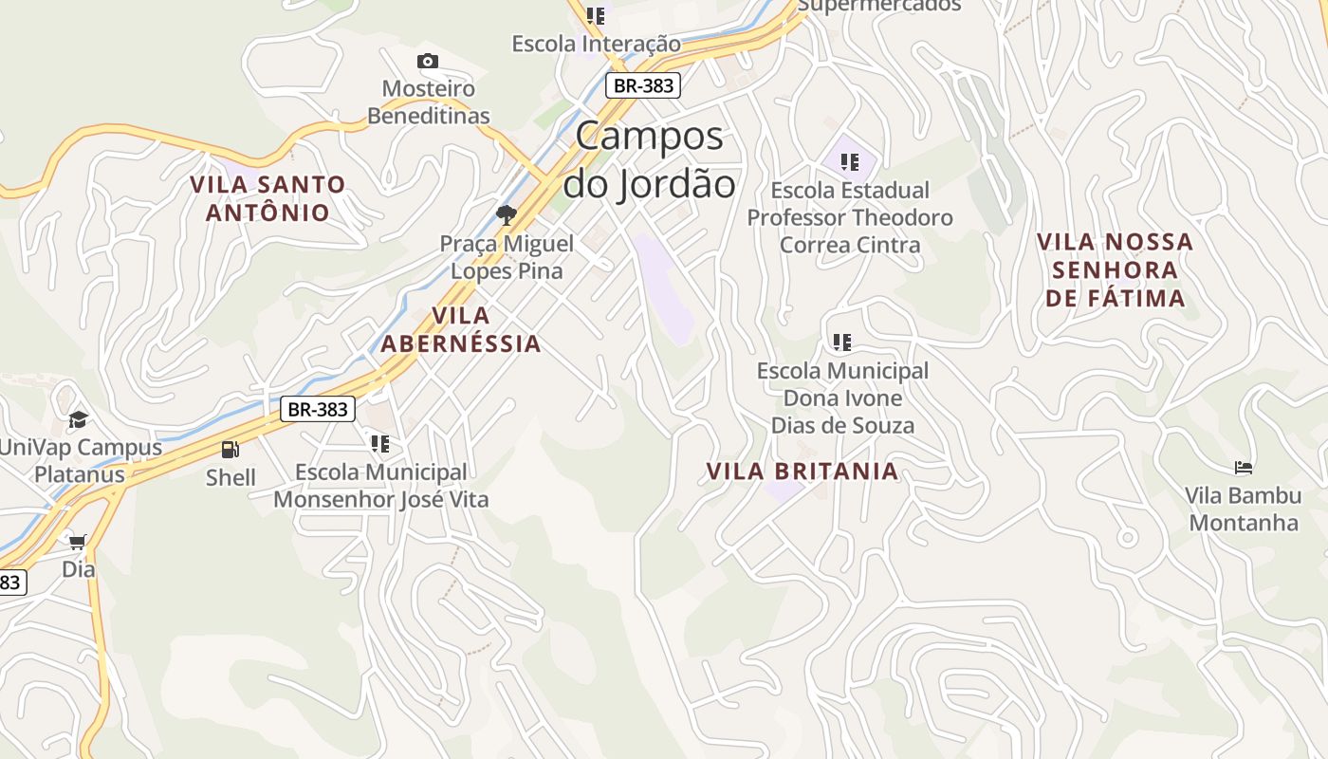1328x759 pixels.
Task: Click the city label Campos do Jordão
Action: (649, 159)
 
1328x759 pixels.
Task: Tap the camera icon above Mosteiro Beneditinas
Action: (428, 62)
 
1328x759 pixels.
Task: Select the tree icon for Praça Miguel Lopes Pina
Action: (507, 214)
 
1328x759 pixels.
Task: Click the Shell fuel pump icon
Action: (231, 450)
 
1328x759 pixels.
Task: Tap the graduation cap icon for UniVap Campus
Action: (78, 418)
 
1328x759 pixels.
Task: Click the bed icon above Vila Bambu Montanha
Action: (1244, 468)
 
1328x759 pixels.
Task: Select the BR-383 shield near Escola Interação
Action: (643, 85)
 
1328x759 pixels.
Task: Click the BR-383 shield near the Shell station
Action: (318, 410)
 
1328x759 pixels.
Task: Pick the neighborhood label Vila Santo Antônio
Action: (267, 198)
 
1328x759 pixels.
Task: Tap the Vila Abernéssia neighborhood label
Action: (461, 329)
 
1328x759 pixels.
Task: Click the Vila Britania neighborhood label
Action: (802, 472)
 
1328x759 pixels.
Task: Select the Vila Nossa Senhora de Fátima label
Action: (1115, 269)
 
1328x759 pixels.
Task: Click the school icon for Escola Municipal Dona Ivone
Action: (841, 342)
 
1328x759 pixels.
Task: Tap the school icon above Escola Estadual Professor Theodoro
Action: (849, 162)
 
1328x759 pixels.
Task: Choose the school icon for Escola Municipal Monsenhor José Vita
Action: (380, 443)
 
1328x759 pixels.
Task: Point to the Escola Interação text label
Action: (596, 44)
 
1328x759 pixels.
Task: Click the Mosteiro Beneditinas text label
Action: (429, 102)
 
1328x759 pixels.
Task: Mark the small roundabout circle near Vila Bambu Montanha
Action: (1127, 538)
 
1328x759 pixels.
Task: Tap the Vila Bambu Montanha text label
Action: (1243, 509)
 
